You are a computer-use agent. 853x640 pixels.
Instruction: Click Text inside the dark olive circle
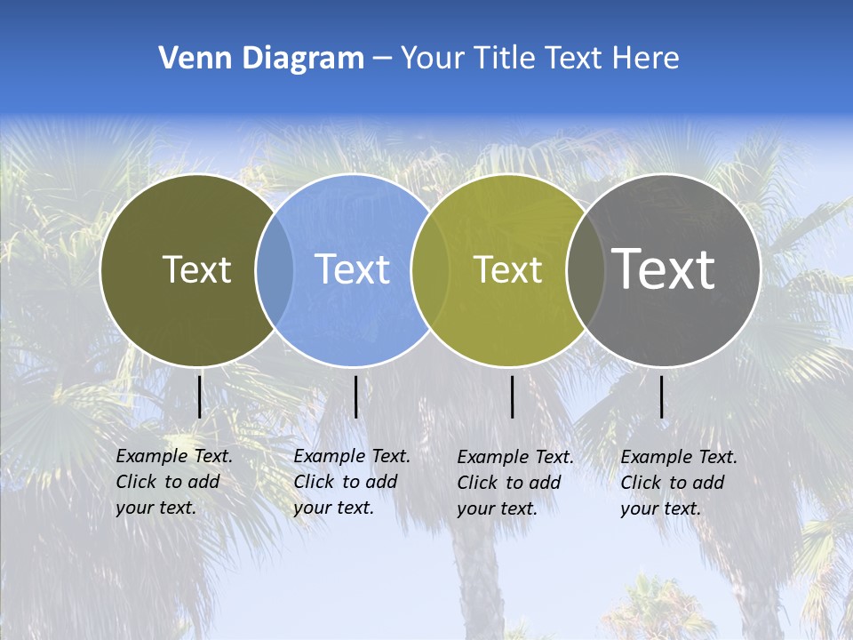pos(196,269)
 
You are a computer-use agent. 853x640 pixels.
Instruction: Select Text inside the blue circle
pos(352,269)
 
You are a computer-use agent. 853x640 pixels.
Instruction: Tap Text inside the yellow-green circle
pos(507,269)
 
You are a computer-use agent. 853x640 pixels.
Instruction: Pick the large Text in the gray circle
pos(664,268)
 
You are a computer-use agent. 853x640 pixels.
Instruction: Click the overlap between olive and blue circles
pos(275,270)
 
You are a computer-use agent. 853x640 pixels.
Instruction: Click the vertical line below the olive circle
pos(199,396)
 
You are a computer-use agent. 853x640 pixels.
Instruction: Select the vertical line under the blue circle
pos(355,396)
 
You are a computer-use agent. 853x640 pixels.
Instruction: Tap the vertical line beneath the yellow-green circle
pos(512,396)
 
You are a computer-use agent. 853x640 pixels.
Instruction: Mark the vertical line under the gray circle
pos(661,396)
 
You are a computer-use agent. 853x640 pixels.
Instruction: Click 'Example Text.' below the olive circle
pos(174,456)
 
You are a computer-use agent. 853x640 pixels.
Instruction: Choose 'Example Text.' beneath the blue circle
pos(352,456)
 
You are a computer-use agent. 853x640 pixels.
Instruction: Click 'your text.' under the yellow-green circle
pos(498,509)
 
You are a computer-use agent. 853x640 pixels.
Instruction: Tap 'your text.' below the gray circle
pos(661,509)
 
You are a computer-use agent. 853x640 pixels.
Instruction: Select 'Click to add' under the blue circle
pos(346,482)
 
